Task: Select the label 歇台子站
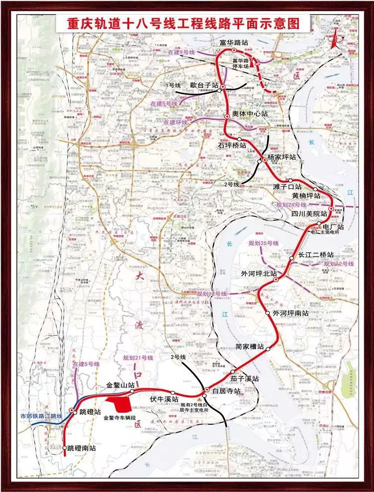click(x=204, y=85)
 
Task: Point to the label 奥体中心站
click(x=250, y=114)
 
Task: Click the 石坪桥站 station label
click(x=232, y=146)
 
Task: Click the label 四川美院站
click(x=309, y=213)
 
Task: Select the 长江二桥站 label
click(x=316, y=255)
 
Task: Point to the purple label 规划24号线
click(x=292, y=204)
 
